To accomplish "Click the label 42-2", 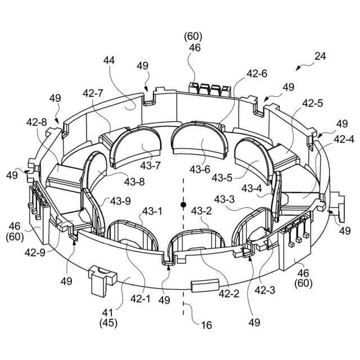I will tap(230, 292).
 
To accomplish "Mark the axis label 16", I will tap(206, 325).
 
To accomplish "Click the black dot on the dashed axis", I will tap(183, 204).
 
